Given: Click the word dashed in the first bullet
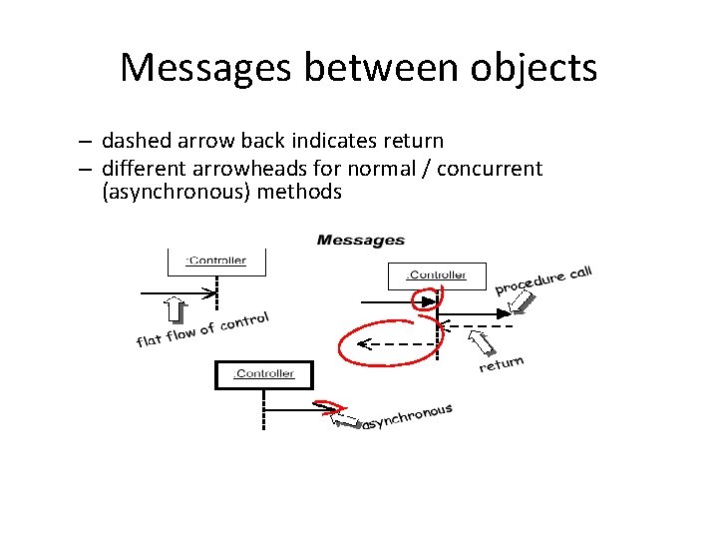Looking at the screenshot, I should click(x=136, y=141).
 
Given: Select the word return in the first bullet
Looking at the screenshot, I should click(x=410, y=141).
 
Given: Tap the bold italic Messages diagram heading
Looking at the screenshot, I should click(x=360, y=240).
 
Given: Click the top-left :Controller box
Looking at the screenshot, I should click(x=216, y=262).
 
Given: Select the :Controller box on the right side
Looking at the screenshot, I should click(x=436, y=275).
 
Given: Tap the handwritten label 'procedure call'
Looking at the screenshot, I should click(x=543, y=279).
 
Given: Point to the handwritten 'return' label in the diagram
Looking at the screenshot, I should click(x=501, y=364).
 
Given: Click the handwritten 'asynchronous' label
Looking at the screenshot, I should click(x=407, y=417).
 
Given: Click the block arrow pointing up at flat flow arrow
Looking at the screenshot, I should click(x=177, y=310).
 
